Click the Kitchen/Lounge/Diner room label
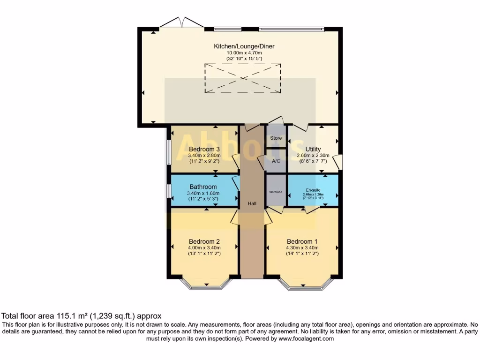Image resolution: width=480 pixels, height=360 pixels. click(244, 46)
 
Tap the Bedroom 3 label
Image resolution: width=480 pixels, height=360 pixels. click(204, 150)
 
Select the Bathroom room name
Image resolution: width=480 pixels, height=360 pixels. click(203, 187)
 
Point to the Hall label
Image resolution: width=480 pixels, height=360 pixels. click(252, 204)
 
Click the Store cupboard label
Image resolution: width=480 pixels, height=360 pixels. click(276, 138)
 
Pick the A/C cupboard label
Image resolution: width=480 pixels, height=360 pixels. click(276, 161)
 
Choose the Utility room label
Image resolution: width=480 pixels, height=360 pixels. click(313, 150)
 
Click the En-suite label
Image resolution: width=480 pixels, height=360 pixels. click(313, 190)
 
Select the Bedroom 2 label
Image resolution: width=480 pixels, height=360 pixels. click(204, 242)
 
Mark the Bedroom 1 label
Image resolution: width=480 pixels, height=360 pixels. click(302, 242)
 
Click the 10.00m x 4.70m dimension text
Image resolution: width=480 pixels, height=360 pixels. click(244, 53)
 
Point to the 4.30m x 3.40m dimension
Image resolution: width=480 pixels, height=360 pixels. click(302, 248)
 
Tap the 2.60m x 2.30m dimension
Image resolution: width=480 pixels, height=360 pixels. click(313, 156)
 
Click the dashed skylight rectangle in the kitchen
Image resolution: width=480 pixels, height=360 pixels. click(242, 78)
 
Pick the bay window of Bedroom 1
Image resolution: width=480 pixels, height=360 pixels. click(305, 285)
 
